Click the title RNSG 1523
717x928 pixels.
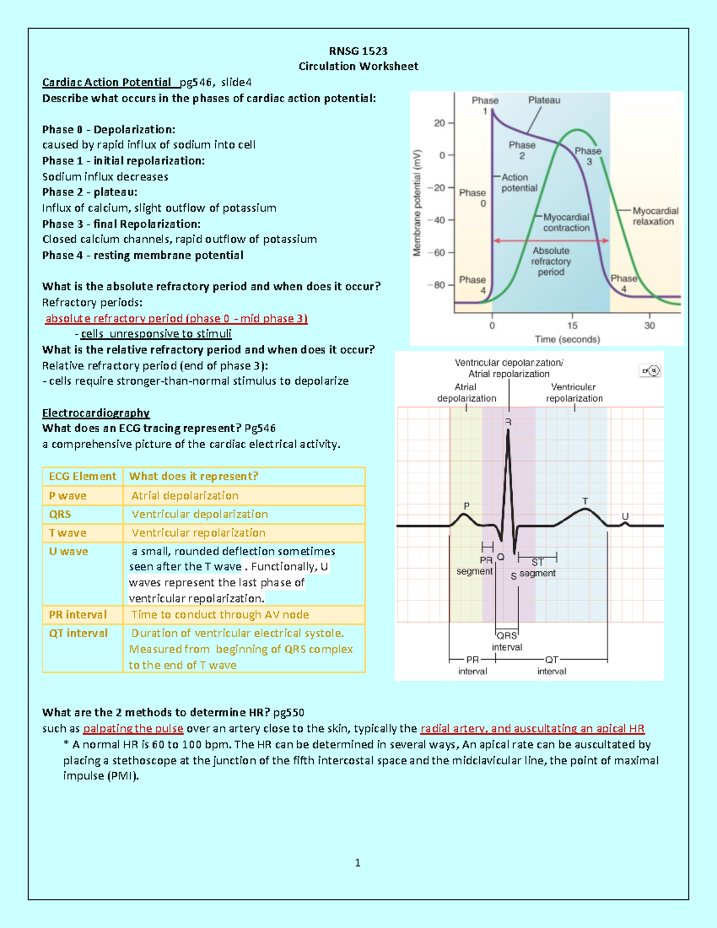(x=358, y=51)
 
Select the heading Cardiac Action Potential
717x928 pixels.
(x=106, y=82)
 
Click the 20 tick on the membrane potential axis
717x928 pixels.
(x=440, y=123)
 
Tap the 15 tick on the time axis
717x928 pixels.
(x=572, y=326)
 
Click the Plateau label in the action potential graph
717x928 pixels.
(x=544, y=100)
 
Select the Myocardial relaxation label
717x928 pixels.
(x=654, y=216)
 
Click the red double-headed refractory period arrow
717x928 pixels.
(x=550, y=241)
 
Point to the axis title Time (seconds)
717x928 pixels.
(x=567, y=339)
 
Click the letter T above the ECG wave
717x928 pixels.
(x=585, y=501)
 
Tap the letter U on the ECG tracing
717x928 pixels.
(x=625, y=516)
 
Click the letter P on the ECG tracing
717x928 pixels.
(x=467, y=506)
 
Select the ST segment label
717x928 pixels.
(x=537, y=568)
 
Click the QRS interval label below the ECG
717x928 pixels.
(x=507, y=641)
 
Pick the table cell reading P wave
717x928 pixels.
(x=68, y=496)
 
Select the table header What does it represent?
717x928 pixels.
(x=194, y=476)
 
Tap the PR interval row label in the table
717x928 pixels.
(x=78, y=615)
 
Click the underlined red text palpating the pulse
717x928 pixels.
(x=133, y=728)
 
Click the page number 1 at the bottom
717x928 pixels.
(x=357, y=863)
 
